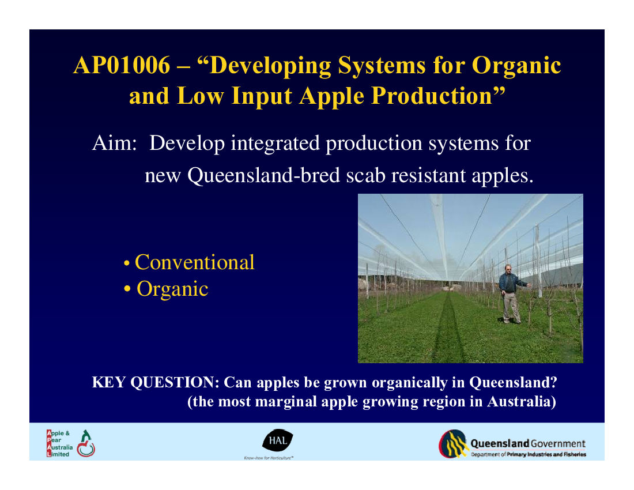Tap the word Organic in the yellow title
point(516,66)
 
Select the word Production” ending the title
point(439,97)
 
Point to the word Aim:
point(115,143)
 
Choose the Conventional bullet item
point(189,262)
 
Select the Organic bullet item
point(166,289)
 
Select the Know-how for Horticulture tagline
point(269,458)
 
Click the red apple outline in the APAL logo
point(86,448)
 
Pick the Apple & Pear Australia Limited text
point(59,443)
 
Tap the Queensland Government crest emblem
point(453,444)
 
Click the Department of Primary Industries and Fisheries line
point(529,454)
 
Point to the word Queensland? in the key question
point(513,382)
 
